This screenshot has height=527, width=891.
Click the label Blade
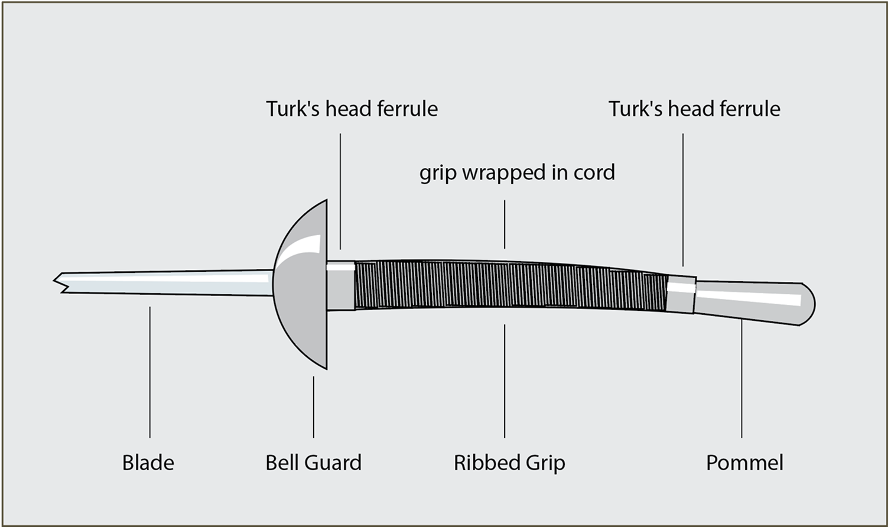coord(148,462)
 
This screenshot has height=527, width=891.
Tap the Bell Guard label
coord(313,462)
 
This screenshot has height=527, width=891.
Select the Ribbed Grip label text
coord(509,462)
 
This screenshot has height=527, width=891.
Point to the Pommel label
coord(744,462)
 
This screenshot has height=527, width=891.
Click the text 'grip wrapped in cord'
coord(517,173)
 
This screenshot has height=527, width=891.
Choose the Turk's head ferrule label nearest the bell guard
coord(352,109)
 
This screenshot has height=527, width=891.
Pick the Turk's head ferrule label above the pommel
coord(694,109)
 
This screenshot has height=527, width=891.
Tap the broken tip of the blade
coord(59,282)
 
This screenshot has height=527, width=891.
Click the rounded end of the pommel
coord(807,304)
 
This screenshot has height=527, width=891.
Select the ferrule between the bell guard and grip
coord(341,286)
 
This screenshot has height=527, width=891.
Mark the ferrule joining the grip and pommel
coord(681,294)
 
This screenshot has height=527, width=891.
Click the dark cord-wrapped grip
coord(508,285)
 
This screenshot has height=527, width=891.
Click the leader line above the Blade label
coord(149,372)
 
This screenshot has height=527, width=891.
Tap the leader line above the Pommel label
coord(742,378)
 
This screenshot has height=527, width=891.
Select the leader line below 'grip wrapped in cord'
coord(505,225)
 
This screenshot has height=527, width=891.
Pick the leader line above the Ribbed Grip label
coord(505,381)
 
